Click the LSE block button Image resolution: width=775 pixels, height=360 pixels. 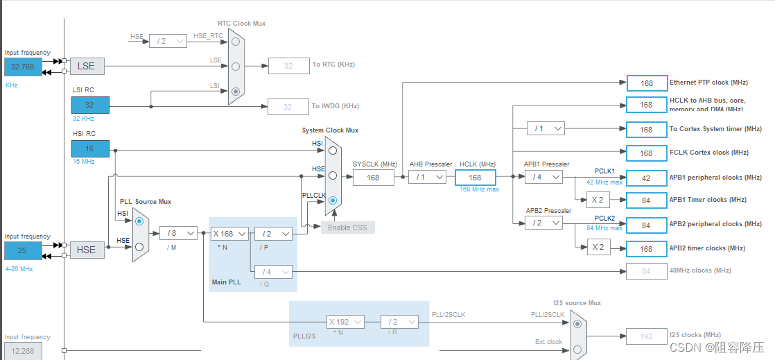point(87,66)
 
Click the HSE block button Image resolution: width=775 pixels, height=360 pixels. point(87,250)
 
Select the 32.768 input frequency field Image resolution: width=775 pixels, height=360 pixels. point(23,67)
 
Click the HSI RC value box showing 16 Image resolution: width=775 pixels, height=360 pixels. point(90,148)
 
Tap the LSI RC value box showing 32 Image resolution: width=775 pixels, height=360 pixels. point(90,105)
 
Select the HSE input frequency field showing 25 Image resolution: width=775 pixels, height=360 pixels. point(23,250)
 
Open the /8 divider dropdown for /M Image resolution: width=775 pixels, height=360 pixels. point(178,234)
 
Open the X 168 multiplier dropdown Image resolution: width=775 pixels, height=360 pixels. point(230,234)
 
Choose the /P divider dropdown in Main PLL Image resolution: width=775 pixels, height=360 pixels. point(273,234)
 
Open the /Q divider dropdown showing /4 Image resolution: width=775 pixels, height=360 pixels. point(273,271)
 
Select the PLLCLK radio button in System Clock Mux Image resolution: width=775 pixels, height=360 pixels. point(333,201)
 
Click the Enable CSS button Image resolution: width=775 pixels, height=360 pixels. point(347,228)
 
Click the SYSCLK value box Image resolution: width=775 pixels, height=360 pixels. point(373,178)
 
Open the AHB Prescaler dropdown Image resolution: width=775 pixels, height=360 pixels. point(427,178)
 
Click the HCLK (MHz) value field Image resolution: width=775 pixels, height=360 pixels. point(475,178)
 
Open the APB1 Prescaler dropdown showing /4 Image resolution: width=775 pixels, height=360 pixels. point(543,178)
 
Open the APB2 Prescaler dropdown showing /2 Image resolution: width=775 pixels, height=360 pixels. point(543,223)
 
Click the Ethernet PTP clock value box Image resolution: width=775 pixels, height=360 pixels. point(646,83)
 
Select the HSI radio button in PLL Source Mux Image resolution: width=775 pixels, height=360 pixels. point(139,221)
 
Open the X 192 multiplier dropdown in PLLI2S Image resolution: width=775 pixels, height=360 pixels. point(345,322)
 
